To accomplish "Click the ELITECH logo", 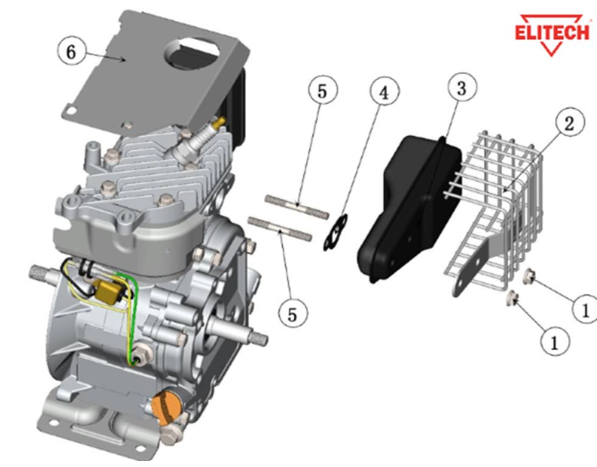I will point(552,34).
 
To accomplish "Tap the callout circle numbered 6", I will point(71,52).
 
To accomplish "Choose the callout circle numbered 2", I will point(568,123).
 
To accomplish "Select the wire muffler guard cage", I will point(499,201).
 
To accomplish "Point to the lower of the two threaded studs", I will point(280,228).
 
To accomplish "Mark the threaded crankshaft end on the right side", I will point(255,336).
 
